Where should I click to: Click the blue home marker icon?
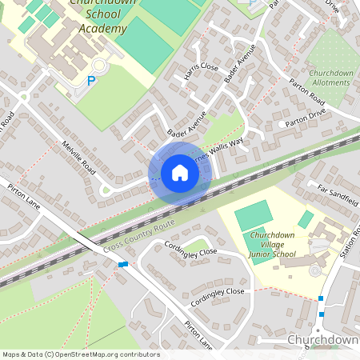(x=180, y=173)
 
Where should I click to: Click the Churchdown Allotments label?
(x=331, y=78)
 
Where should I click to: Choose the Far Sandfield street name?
(x=334, y=192)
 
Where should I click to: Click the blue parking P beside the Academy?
(x=91, y=81)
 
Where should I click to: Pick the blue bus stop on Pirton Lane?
(x=122, y=264)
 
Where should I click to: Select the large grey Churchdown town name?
(x=322, y=340)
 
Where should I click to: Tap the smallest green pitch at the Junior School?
(x=306, y=219)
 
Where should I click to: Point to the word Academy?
(x=104, y=29)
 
